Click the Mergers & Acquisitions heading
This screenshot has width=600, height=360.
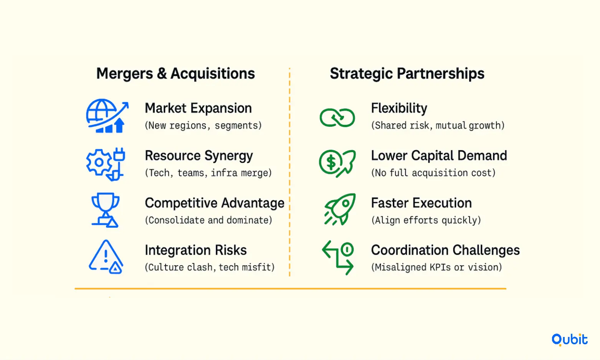tap(175, 73)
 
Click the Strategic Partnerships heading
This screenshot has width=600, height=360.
tap(407, 73)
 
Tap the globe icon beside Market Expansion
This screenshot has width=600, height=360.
tap(107, 116)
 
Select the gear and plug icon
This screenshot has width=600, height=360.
tap(106, 164)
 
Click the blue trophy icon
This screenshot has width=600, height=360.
tap(105, 210)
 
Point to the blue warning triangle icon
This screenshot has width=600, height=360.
tap(106, 257)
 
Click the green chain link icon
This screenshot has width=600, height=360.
tap(337, 117)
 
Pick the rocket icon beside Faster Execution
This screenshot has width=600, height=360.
tap(340, 209)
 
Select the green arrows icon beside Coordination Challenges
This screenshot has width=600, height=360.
tap(338, 257)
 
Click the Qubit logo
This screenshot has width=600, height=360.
tap(569, 340)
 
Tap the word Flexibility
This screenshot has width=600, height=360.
tap(399, 109)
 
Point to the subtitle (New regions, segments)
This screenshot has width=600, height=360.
tap(203, 126)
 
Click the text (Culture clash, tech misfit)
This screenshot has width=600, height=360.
tap(210, 267)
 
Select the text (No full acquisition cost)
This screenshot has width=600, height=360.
tap(433, 173)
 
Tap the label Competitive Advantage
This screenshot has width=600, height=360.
tap(215, 203)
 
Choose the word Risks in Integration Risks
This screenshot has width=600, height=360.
tap(231, 250)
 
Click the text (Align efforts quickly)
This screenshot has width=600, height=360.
tap(426, 220)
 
